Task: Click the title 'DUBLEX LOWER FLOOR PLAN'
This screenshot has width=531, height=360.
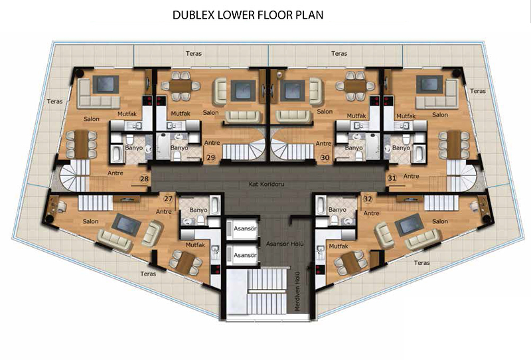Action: (248, 15)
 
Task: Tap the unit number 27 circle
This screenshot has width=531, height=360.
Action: (169, 199)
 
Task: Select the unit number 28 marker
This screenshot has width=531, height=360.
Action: (145, 179)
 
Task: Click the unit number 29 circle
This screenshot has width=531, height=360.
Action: (210, 157)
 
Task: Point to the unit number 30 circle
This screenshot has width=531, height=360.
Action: (325, 157)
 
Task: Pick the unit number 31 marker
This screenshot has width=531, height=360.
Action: (392, 177)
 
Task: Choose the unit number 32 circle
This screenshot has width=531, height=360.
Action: (368, 199)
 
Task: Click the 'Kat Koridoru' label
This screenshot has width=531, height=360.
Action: (267, 185)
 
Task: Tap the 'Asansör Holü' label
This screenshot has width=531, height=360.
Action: (285, 244)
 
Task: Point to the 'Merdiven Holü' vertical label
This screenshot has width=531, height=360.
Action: (297, 291)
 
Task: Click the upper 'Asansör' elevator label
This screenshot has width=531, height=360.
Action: (245, 228)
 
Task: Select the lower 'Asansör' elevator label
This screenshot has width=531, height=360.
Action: (245, 255)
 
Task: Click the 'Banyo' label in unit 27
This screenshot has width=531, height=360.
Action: (198, 210)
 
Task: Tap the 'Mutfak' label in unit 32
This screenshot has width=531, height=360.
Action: (339, 246)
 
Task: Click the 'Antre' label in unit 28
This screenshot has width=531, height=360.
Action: (115, 173)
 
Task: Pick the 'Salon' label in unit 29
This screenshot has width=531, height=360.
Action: (210, 112)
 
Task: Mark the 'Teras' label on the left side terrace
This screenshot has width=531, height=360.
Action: (54, 102)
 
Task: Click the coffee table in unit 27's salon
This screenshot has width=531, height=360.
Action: (126, 225)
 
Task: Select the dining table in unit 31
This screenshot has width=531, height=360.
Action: (454, 145)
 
